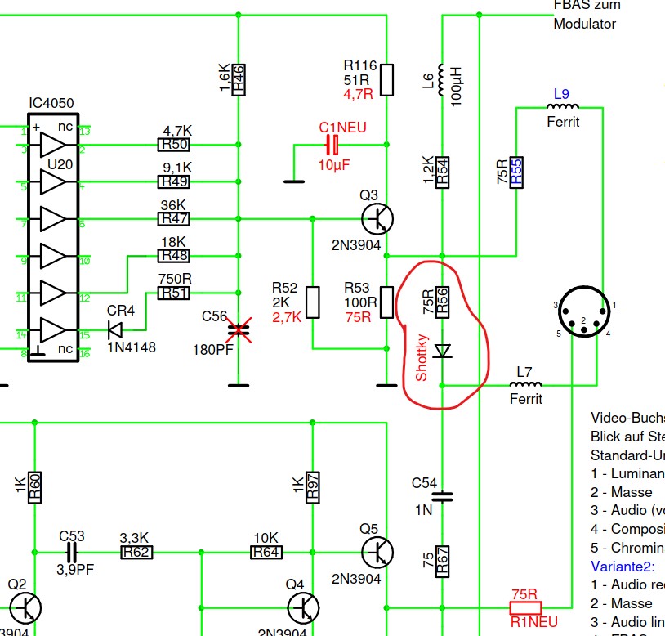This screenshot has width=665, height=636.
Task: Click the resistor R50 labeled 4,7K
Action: (x=173, y=145)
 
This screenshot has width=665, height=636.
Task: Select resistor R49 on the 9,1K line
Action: (x=173, y=181)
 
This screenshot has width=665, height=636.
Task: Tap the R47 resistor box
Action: (x=173, y=218)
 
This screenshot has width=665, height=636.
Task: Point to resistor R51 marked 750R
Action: (x=173, y=293)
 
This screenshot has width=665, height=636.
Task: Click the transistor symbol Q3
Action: (x=377, y=218)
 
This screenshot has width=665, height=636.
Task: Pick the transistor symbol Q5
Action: (x=377, y=553)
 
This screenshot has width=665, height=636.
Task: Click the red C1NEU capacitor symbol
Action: (x=332, y=146)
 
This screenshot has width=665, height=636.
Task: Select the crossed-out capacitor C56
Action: (x=239, y=330)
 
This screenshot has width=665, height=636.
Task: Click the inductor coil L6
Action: (x=442, y=78)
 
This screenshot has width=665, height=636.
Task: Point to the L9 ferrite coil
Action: (x=561, y=107)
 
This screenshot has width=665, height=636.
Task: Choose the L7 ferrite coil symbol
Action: (x=524, y=384)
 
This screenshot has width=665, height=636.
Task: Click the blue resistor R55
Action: (x=516, y=172)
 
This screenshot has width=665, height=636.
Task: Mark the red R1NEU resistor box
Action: (x=524, y=607)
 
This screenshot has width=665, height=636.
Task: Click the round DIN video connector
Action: (x=583, y=312)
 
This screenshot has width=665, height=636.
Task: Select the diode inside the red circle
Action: (x=442, y=351)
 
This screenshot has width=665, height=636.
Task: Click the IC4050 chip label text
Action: (x=51, y=103)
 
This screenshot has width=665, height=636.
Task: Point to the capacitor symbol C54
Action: (x=442, y=495)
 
